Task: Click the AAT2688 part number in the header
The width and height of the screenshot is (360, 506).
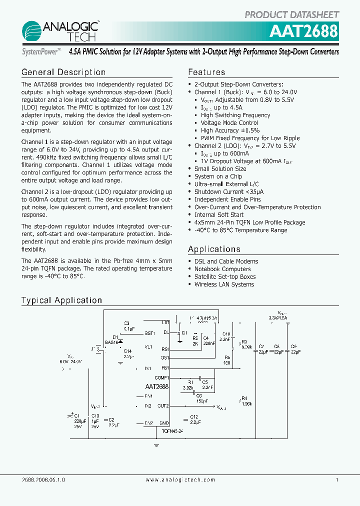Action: (303, 31)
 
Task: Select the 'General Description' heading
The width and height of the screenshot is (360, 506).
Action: (63, 72)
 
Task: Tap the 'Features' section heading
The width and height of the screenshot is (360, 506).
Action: (206, 72)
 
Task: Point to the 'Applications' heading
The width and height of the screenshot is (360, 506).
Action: (214, 249)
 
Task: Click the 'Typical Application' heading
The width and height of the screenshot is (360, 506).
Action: (61, 300)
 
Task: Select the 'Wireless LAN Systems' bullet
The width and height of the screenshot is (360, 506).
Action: (224, 284)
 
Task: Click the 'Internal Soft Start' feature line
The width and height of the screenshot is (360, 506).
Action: (219, 215)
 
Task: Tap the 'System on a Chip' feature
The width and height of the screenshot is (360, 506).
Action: (218, 176)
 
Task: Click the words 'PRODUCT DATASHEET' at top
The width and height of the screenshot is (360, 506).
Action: (292, 14)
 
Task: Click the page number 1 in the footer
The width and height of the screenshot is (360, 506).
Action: (337, 479)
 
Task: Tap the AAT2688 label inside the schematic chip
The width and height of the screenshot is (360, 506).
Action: (157, 386)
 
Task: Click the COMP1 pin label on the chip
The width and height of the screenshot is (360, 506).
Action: (162, 377)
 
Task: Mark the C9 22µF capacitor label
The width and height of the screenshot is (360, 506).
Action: (295, 349)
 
